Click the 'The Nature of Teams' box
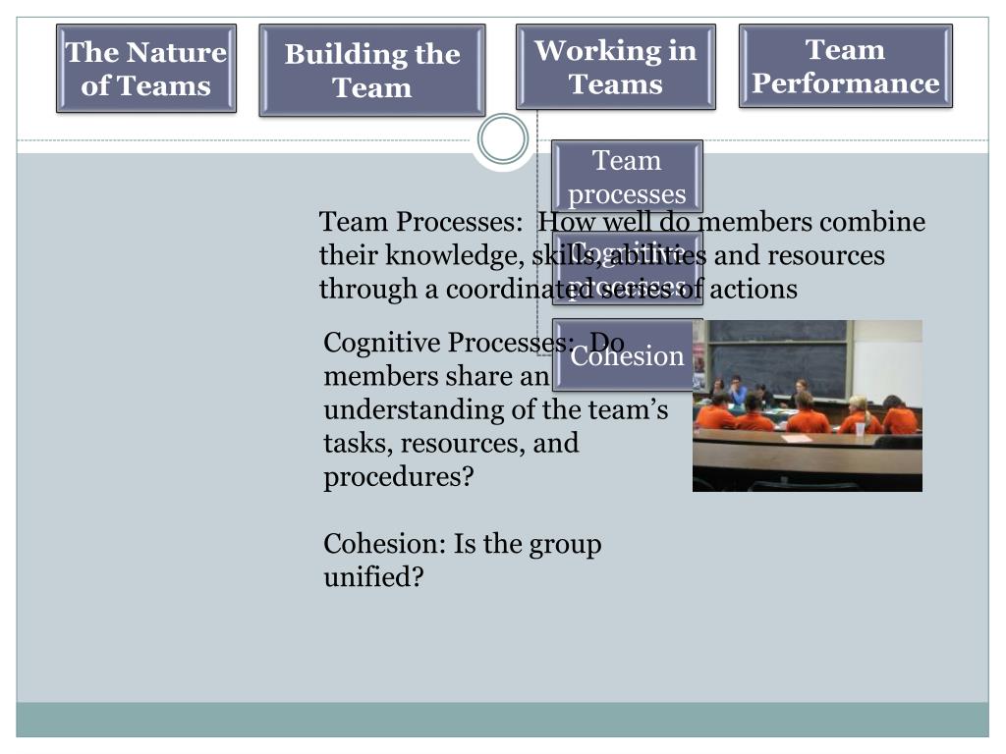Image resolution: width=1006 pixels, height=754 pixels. click(146, 69)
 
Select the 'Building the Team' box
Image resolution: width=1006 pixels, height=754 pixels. click(372, 71)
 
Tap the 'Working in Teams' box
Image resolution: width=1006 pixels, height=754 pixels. click(616, 67)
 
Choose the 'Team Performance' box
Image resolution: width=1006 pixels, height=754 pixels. click(846, 67)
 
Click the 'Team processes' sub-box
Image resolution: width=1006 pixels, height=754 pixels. click(628, 176)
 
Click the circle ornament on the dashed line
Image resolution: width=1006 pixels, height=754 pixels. click(503, 139)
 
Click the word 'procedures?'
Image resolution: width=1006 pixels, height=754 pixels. click(399, 477)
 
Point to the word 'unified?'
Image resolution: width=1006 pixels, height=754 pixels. click(373, 577)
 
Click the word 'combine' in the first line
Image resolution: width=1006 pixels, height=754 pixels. click(879, 223)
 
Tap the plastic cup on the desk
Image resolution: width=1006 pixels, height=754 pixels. click(860, 428)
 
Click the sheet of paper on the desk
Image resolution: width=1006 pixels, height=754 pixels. click(797, 438)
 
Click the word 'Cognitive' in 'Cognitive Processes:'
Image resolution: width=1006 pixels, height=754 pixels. click(382, 343)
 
